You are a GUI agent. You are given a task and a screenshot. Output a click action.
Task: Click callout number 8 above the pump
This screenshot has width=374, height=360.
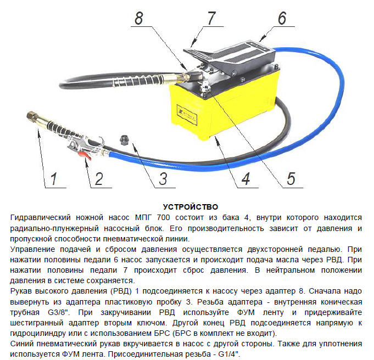[139, 18]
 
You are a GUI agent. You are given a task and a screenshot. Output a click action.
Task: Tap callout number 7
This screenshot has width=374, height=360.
[211, 18]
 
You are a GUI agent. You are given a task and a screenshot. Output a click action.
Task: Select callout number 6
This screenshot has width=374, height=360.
[282, 18]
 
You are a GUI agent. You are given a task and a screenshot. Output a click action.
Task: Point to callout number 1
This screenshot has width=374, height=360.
[54, 178]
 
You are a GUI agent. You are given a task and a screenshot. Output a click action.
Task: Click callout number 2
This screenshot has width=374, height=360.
[99, 178]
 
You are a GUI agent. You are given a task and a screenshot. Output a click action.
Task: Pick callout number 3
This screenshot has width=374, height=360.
[164, 178]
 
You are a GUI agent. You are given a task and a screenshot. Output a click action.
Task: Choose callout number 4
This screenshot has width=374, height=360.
[246, 178]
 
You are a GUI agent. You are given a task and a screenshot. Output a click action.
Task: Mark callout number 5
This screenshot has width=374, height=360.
[291, 178]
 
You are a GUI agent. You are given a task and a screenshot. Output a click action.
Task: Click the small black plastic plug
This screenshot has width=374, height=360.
[124, 139]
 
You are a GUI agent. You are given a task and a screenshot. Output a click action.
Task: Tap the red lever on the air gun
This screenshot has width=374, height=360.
[85, 156]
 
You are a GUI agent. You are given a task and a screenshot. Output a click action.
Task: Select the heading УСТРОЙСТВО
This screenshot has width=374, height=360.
[191, 207]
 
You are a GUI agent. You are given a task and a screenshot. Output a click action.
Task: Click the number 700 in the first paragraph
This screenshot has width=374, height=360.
[163, 217]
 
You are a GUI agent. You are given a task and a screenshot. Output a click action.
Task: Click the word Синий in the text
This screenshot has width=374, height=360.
[22, 344]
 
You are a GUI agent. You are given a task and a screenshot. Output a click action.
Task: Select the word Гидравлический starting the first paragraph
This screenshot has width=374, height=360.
[40, 218]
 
